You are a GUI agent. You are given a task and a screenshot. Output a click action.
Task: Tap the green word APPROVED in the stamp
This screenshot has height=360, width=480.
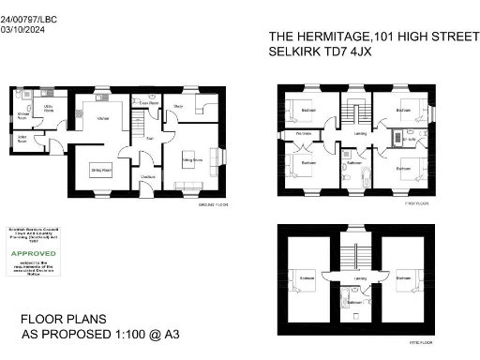tap(33, 253)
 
